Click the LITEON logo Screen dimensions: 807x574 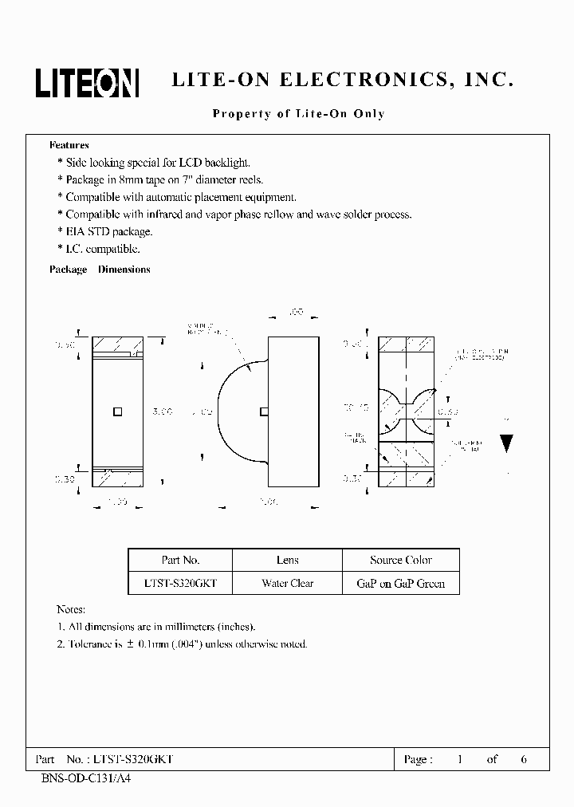coord(87,82)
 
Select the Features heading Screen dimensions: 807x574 coord(69,145)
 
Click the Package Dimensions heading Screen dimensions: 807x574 coord(100,270)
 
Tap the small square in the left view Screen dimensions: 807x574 coord(117,411)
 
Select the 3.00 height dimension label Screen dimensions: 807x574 coord(162,412)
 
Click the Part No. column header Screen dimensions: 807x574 coord(180,560)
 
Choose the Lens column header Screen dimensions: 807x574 coord(287,560)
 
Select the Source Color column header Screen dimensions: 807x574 coord(400,560)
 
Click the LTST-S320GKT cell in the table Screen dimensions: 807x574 coord(180,583)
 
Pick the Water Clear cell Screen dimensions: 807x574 coord(287,583)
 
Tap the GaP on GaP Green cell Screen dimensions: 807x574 coord(400,583)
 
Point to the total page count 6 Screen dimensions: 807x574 coord(524,759)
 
